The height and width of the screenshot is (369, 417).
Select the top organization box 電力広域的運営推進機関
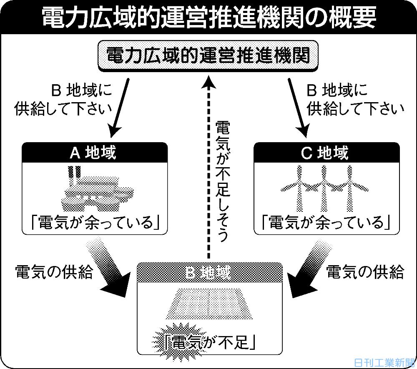pyautogui.click(x=208, y=55)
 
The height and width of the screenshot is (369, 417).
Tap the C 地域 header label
pyautogui.click(x=324, y=153)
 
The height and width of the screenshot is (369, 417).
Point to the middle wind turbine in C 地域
pyautogui.click(x=324, y=188)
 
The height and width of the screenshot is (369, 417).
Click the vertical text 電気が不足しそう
pyautogui.click(x=221, y=181)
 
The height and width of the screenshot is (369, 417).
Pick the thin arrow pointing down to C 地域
pyautogui.click(x=299, y=106)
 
